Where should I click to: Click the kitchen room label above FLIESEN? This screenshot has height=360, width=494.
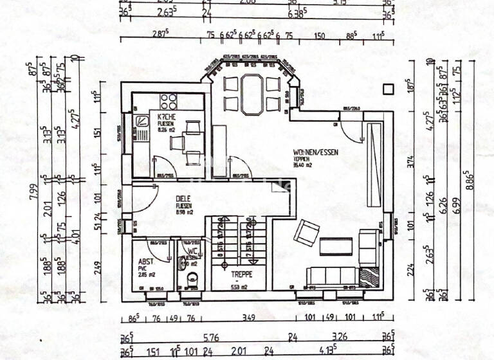[x=158, y=118]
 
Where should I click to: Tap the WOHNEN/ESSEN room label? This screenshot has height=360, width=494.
[x=315, y=152]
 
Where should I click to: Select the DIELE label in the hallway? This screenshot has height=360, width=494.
[x=185, y=199]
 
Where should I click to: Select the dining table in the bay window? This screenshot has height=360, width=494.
[x=252, y=94]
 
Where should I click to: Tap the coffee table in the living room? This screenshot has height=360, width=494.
[x=337, y=246]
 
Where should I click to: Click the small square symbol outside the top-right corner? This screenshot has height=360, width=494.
[x=388, y=89]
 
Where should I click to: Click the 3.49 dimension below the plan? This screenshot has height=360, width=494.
[x=248, y=317]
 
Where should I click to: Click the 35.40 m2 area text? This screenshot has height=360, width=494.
[x=302, y=165]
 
